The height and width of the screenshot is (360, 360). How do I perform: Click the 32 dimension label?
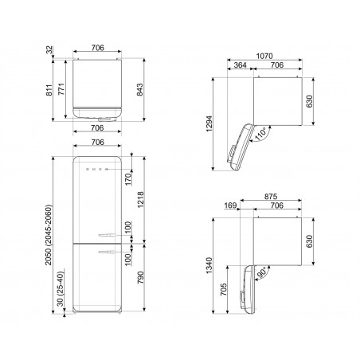click(49, 50)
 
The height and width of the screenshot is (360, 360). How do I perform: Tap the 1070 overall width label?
click(264, 57)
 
